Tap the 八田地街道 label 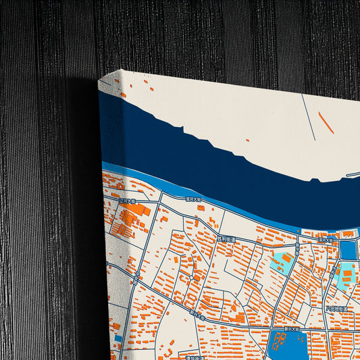pos(336,309)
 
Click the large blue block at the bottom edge pos(286,344)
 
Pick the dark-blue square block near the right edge pos(348,250)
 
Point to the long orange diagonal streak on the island pos(326,122)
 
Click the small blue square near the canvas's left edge pos(118,336)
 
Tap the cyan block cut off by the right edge pos(346,277)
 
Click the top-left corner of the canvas pos(99,79)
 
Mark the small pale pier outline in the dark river pos(351,175)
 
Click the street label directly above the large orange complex pos(128,200)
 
